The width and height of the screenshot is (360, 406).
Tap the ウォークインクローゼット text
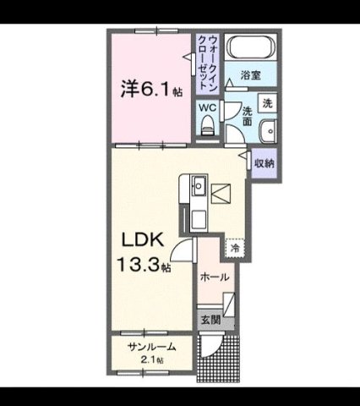coord(206,63)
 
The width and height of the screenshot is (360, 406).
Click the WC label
coord(206,107)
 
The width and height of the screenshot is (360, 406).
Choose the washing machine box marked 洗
coord(268,104)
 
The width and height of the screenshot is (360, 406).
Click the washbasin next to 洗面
coord(267,130)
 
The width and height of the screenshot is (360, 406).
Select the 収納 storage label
coord(265,162)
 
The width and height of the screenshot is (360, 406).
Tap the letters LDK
coord(134,238)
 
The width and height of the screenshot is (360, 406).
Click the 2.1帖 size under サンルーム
coord(154,360)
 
